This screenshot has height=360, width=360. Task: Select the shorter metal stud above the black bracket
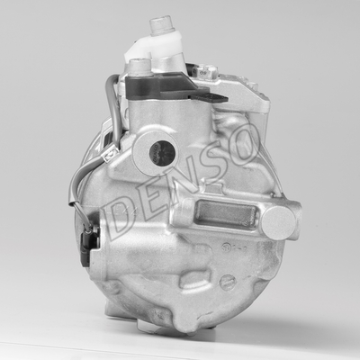coord(139,67)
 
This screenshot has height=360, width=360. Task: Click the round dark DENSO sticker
coord(162,153)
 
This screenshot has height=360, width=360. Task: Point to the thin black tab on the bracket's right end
coord(210,97)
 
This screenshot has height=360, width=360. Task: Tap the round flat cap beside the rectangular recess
coord(278,222)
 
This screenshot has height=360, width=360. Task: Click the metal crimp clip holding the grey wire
coord(109,156)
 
